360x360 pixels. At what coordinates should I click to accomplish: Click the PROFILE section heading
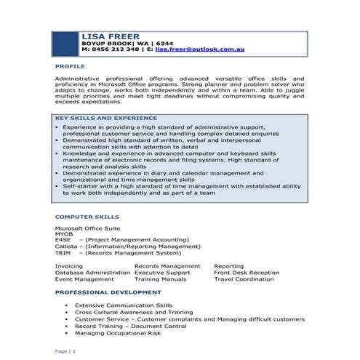[x=70, y=65]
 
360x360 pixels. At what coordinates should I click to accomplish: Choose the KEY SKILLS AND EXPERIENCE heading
[x=105, y=118]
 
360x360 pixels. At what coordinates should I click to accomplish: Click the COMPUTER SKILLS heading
[x=87, y=217]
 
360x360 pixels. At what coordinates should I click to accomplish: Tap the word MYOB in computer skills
[x=64, y=234]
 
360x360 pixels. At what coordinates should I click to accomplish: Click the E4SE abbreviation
[x=63, y=240]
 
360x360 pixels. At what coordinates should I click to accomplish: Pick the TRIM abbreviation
[x=63, y=253]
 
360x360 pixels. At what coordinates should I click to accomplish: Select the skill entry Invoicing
[x=69, y=266]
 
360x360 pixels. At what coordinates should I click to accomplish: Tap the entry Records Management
[x=167, y=266]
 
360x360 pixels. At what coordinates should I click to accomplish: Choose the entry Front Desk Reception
[x=246, y=273]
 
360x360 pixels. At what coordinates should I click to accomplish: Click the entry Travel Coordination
[x=244, y=279]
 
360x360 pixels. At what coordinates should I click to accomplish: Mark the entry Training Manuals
[x=160, y=279]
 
